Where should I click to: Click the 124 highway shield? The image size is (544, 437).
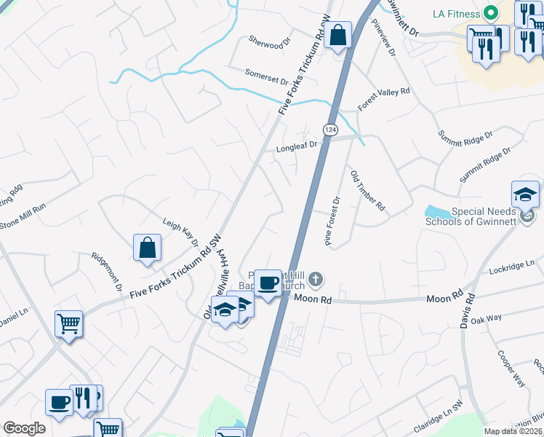tap(331, 130)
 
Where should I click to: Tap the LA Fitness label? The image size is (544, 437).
tap(455, 14)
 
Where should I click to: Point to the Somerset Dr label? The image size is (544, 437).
tap(267, 74)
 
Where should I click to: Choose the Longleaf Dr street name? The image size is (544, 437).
tap(297, 146)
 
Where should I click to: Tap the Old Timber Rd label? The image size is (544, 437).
tap(367, 192)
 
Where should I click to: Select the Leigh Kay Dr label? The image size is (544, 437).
tap(180, 233)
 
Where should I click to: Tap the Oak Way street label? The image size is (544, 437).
tap(487, 319)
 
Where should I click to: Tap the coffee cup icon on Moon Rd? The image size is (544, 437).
tap(268, 282)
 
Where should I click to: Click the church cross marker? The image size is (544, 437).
tap(315, 278)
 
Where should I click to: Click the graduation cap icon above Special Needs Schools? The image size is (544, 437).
tap(525, 194)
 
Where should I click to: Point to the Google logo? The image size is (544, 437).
tap(25, 428)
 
